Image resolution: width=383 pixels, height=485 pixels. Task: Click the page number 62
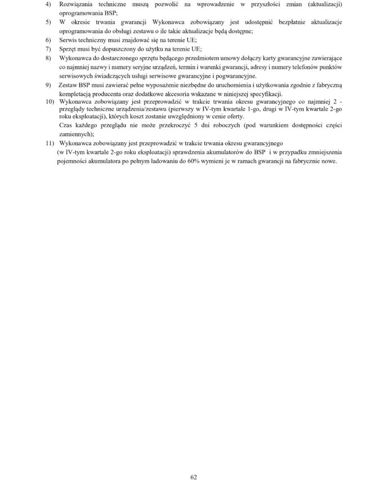coord(193,477)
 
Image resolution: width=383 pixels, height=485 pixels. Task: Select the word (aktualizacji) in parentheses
coord(322,4)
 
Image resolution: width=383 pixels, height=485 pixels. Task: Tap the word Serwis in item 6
coord(69,40)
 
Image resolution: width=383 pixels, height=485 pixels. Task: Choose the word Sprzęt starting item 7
coord(69,49)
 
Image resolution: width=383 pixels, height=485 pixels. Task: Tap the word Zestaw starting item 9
coord(69,85)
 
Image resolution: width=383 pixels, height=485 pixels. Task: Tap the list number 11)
coord(50,143)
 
